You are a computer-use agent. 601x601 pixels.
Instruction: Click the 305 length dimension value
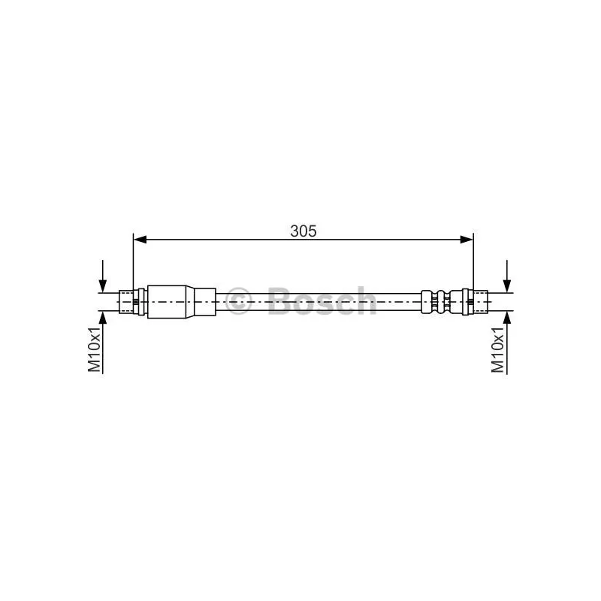304,231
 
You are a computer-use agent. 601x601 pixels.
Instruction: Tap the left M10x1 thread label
95,349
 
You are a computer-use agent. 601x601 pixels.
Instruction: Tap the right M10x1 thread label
498,349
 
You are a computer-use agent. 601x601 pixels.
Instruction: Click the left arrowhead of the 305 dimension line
140,240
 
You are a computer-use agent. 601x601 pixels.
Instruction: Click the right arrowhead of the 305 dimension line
467,240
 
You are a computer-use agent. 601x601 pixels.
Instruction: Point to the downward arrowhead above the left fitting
103,286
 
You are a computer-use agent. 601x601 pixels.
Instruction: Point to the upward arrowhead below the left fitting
103,318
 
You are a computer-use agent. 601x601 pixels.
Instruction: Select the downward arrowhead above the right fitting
506,286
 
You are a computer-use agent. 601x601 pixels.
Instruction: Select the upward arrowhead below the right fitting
506,318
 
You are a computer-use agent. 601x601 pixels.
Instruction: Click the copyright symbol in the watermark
238,301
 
